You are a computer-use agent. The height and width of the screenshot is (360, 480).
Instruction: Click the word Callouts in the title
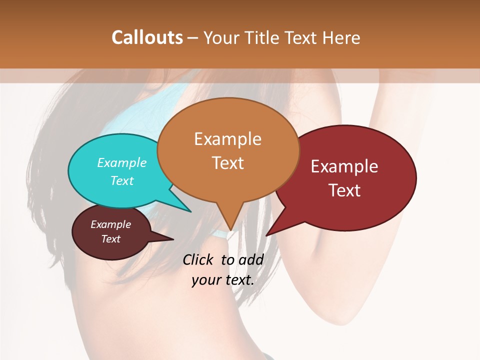(x=147, y=37)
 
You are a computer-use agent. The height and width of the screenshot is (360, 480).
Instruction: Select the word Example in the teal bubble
(x=121, y=163)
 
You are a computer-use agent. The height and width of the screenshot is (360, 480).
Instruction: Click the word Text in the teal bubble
(x=121, y=180)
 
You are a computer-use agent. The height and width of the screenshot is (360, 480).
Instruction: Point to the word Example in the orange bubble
(x=227, y=139)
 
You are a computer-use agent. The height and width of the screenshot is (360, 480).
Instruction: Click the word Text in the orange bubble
(x=227, y=163)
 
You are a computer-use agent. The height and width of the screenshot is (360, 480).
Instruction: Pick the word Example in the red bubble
(x=344, y=166)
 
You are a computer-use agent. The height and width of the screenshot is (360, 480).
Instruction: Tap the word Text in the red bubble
(x=344, y=190)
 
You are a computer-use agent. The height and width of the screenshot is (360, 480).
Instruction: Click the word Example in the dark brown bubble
(x=110, y=224)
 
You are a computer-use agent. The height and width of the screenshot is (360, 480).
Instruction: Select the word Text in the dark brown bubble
(x=110, y=239)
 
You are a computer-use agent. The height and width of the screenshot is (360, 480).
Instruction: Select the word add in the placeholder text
(x=251, y=259)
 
